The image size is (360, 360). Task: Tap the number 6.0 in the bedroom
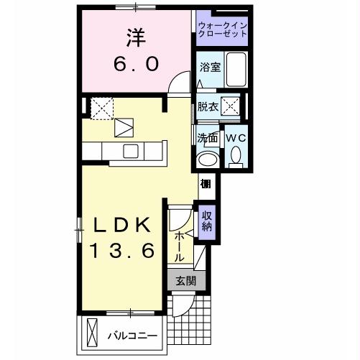tap(134, 64)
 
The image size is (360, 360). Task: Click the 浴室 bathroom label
tap(210, 68)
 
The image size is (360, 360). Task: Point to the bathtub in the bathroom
tap(237, 70)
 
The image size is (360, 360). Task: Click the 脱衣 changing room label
tap(208, 107)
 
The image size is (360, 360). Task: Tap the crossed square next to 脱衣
tap(232, 107)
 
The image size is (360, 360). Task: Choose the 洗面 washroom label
tap(208, 137)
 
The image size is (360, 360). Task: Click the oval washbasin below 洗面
tap(208, 160)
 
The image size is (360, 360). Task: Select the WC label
tap(236, 137)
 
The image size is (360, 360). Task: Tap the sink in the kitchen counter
tap(131, 150)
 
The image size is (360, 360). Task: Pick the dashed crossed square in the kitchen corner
tap(101, 107)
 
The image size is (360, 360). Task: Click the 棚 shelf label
tap(206, 184)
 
